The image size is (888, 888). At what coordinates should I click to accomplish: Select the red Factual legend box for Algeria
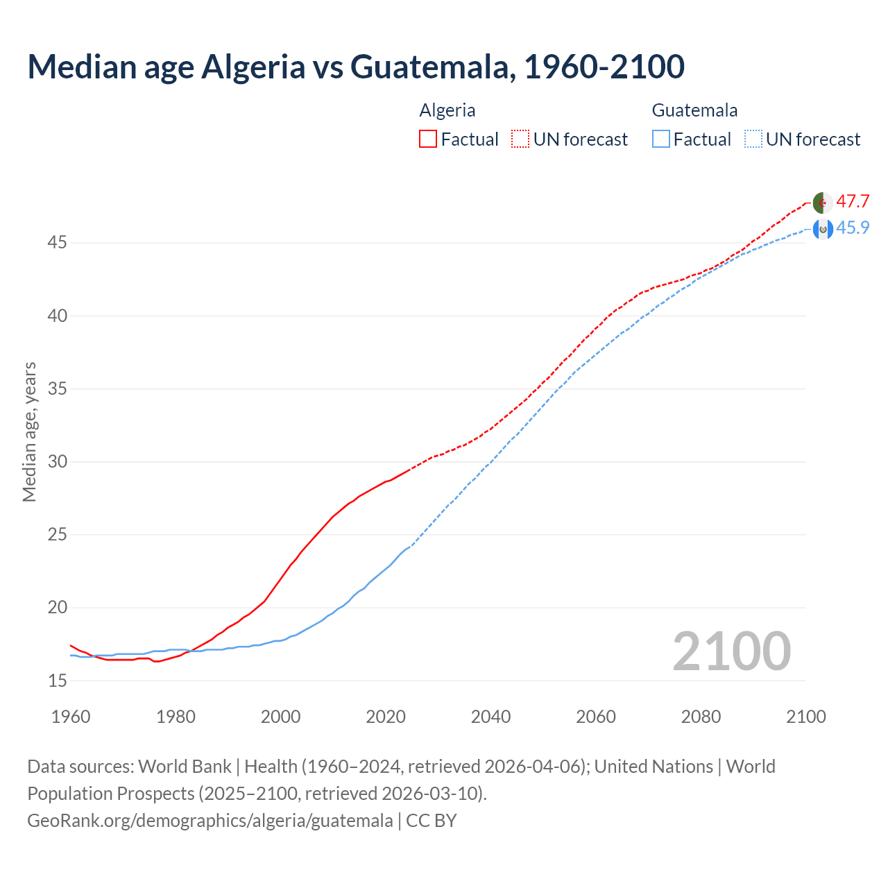point(428,139)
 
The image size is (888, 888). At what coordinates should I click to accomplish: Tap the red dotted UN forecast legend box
point(520,139)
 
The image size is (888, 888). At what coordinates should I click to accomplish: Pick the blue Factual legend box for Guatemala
point(661,139)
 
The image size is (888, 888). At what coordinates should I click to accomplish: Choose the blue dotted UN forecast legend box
point(753,139)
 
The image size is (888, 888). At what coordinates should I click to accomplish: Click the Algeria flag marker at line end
point(822,203)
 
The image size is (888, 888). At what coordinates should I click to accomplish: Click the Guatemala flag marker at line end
point(822,229)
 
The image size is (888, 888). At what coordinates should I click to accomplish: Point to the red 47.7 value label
point(853,202)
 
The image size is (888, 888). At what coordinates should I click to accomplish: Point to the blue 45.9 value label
point(853,228)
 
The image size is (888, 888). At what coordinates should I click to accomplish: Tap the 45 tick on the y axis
point(58,243)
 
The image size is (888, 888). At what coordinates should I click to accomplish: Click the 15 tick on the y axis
point(58,681)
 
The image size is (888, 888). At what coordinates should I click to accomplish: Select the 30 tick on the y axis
point(58,462)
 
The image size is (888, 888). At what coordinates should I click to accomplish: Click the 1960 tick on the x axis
point(71,717)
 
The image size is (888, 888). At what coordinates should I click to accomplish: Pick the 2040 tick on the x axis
point(490,717)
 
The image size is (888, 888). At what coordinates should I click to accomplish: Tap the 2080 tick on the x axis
point(701,717)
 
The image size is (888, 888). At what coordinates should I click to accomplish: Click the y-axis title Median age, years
point(29,432)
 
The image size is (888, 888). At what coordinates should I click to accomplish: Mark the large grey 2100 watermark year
point(731,651)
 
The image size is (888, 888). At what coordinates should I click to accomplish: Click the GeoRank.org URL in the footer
point(210,821)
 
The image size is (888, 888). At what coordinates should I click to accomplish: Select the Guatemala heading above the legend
point(694,110)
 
